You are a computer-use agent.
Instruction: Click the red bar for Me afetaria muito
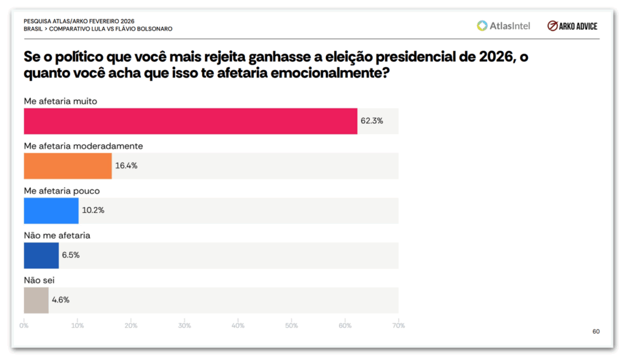190,121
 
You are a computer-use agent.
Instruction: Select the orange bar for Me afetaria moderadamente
68,165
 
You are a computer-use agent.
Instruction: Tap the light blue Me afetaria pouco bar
51,211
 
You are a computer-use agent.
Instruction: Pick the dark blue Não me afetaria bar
42,255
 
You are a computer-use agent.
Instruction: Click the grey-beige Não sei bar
36,300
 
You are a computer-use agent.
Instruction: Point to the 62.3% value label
372,121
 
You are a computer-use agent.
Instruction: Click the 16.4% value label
126,165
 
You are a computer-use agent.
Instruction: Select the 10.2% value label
93,211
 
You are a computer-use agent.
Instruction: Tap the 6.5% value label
71,255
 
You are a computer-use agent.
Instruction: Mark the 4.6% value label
60,300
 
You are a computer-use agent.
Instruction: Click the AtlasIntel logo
504,26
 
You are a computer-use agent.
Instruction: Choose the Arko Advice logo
573,26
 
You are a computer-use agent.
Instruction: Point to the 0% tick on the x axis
24,325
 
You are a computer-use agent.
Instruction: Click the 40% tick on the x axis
238,325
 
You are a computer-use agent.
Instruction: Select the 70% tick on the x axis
399,325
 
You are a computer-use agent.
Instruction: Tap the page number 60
596,331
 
